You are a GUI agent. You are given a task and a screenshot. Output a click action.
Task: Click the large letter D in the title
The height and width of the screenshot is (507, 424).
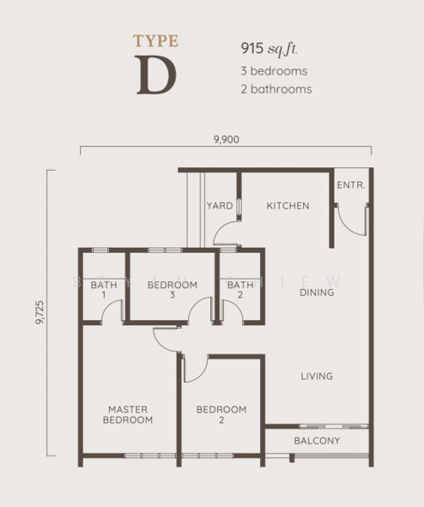pos(155,74)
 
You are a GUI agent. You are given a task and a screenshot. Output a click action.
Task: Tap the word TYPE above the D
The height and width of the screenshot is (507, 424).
pos(155,40)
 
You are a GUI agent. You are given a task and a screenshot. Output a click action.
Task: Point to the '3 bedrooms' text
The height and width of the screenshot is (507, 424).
pos(275,71)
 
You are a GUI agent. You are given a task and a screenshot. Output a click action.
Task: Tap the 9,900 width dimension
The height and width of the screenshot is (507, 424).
pos(225,140)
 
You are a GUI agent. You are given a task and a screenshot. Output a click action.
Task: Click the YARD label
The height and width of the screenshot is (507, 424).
pos(220,205)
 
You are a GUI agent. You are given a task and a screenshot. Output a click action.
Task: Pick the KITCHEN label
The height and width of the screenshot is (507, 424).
pos(288,205)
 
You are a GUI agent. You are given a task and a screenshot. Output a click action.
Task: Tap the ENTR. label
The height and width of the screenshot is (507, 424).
pos(351,185)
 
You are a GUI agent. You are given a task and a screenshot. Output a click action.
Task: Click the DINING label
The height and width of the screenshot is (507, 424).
pos(317,292)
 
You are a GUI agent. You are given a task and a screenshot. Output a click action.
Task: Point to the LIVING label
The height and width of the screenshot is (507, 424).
pos(317,376)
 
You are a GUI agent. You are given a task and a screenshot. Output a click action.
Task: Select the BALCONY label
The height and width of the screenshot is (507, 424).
pos(317,441)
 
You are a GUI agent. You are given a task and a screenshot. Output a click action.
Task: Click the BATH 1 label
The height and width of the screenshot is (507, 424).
pos(103,290)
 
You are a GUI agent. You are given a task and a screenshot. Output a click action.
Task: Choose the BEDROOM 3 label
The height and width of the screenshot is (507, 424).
pos(172,290)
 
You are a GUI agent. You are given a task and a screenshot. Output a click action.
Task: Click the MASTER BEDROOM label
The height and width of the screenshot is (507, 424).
pos(128,414)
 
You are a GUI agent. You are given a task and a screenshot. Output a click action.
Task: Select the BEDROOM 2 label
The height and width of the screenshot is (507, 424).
pos(221,414)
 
